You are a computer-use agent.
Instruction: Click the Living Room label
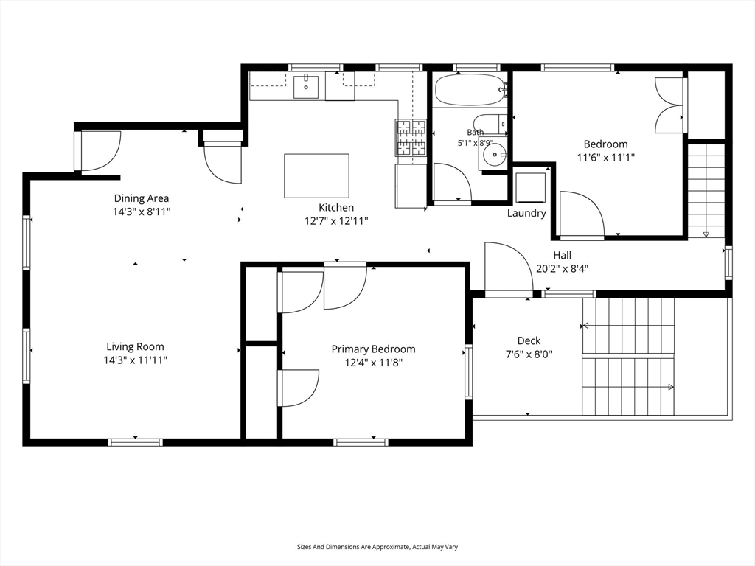[x=136, y=346]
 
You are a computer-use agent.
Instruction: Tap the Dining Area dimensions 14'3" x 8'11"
[x=142, y=212]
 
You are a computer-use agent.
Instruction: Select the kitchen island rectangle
[x=316, y=175]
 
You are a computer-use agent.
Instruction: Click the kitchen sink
[x=306, y=87]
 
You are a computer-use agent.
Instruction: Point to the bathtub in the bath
[x=470, y=89]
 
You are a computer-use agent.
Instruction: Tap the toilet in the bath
[x=490, y=123]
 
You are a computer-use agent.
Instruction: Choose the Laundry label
[x=526, y=213]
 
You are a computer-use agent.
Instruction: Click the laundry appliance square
[x=530, y=187]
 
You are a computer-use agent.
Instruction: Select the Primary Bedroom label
[x=373, y=349]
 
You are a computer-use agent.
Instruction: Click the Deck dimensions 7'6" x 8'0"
[x=529, y=354]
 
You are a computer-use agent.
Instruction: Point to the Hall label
[x=563, y=255]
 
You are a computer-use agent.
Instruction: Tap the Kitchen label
[x=336, y=207]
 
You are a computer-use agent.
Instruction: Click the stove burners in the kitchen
[x=411, y=138]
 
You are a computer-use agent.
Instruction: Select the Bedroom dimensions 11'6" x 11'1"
[x=606, y=158]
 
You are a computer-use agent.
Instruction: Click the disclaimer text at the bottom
[x=377, y=547]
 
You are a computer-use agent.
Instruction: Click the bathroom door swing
[x=452, y=182]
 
